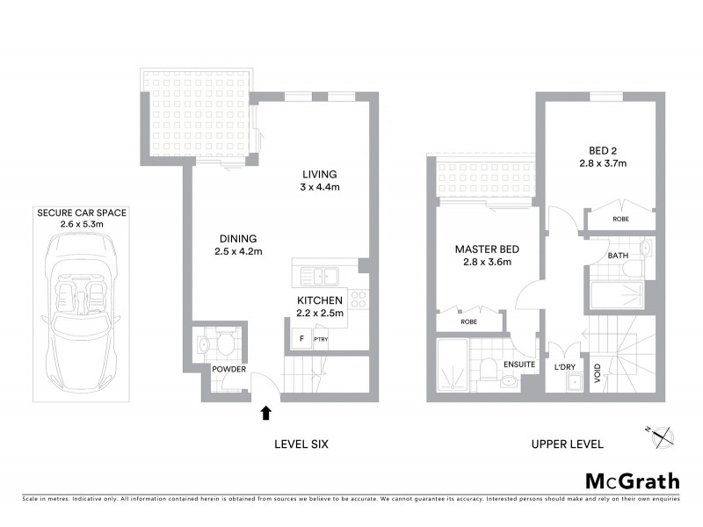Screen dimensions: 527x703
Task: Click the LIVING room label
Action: (319, 174)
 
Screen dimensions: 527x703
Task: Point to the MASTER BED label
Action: (482, 249)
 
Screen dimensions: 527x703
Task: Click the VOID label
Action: (597, 377)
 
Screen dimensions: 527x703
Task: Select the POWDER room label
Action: (228, 369)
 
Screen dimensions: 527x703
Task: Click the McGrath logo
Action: (632, 480)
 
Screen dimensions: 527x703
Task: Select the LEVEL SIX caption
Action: (301, 444)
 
